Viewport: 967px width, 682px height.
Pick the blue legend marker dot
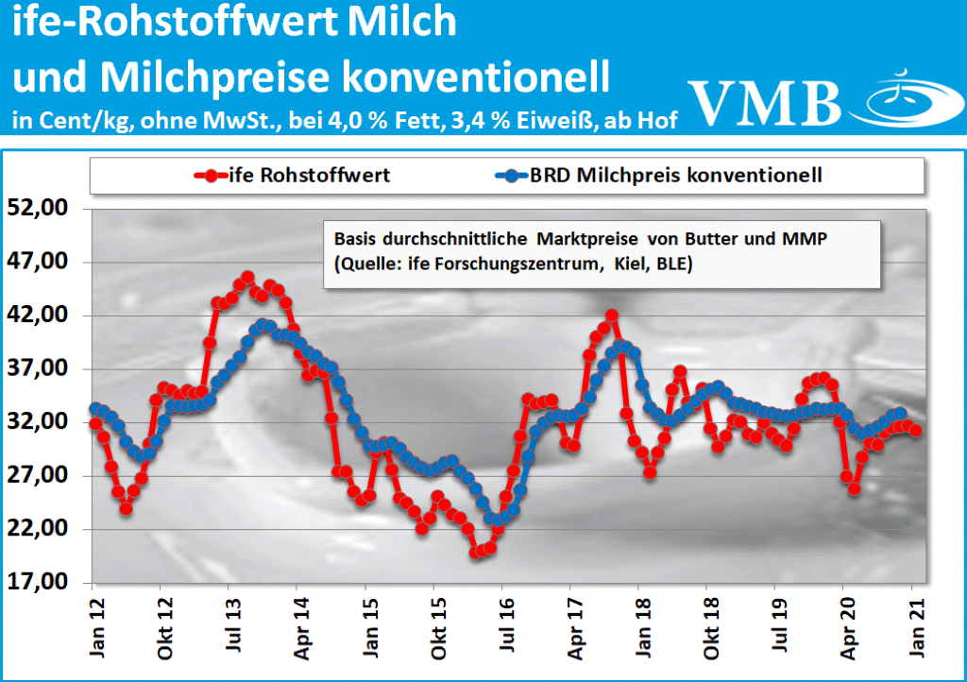(511, 176)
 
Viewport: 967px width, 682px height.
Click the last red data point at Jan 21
(915, 431)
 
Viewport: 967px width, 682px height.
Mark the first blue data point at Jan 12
(94, 409)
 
